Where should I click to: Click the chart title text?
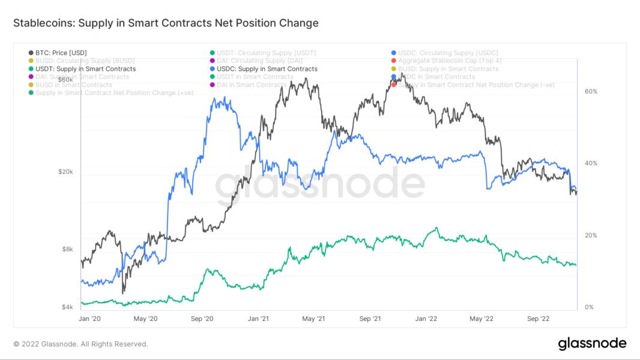pos(166,23)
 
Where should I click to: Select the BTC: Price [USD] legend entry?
pos(65,53)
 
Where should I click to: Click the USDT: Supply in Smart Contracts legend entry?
pos(85,69)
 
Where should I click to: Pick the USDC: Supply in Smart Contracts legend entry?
pos(267,69)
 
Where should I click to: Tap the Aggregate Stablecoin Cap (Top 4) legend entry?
pos(450,61)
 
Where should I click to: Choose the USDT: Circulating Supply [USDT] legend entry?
pos(267,53)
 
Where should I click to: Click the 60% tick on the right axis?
pos(591,91)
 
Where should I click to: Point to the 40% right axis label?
pos(591,163)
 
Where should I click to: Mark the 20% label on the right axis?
pos(591,235)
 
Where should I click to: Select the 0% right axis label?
pos(589,307)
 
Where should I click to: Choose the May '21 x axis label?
pos(313,319)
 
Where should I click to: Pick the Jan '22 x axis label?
pos(427,319)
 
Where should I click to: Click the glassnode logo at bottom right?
pos(592,344)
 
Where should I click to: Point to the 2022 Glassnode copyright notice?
pos(80,344)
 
